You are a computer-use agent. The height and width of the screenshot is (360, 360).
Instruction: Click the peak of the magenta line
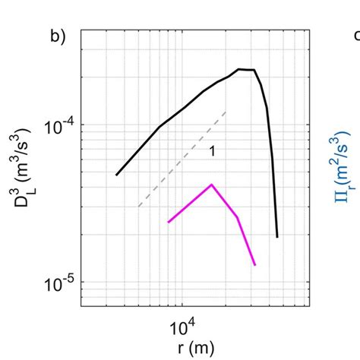212,185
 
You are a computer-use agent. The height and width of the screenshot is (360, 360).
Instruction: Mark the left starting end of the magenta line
169,222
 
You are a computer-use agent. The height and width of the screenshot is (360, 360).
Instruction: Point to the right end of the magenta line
254,264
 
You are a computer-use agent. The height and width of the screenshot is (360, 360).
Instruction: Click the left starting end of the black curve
116,175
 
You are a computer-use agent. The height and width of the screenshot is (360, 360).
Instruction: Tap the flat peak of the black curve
246,70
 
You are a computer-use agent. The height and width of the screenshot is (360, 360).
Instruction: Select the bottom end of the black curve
277,237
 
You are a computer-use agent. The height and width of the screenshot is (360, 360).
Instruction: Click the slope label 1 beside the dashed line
213,152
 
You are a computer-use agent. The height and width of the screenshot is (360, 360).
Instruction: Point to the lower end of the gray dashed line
138,207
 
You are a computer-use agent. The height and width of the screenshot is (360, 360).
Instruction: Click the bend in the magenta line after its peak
238,217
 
